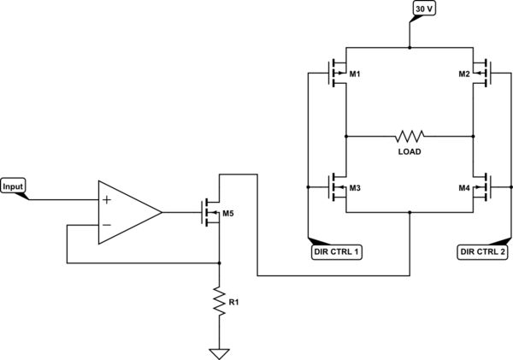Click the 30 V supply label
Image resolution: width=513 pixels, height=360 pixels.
pos(425,9)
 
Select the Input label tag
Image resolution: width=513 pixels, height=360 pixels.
pos(13,186)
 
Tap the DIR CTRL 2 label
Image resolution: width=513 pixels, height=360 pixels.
pos(481,251)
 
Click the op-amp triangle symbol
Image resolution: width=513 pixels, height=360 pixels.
pos(126,212)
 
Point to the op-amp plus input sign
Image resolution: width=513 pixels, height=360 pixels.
pos(107,200)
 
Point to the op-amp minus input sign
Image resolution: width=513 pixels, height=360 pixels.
pos(107,225)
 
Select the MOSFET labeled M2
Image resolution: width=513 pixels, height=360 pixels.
pos(481,74)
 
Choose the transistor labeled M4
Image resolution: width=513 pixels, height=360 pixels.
pos(481,187)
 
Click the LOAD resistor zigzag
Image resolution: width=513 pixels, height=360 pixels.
pos(410,135)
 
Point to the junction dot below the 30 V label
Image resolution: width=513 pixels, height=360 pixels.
pos(410,48)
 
